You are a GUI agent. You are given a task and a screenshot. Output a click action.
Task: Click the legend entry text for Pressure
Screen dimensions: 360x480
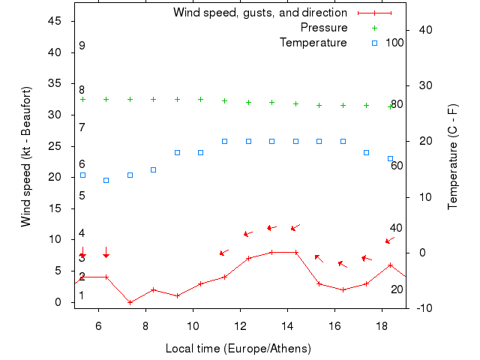tap(324, 28)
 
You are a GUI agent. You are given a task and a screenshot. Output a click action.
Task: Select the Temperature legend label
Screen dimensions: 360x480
tap(313, 43)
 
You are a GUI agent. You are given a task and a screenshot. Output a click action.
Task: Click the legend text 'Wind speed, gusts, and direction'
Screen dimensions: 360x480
tap(259, 13)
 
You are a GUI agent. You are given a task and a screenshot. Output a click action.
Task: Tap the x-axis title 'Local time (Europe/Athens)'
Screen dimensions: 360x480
tap(238, 349)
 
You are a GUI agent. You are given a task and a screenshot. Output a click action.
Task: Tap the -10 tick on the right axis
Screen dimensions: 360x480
tap(421, 308)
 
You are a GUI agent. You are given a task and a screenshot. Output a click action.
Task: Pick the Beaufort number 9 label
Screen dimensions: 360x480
tap(82, 46)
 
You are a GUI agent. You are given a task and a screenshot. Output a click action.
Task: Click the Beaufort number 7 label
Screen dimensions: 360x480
tap(82, 127)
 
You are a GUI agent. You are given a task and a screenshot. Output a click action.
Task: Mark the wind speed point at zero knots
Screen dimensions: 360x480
tap(130, 302)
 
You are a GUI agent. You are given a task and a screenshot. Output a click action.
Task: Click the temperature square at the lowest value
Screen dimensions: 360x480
tap(106, 180)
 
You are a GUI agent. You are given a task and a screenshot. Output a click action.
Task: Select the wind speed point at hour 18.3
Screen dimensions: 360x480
tap(390, 265)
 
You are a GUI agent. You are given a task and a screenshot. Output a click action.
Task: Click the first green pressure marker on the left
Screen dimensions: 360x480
tap(82, 99)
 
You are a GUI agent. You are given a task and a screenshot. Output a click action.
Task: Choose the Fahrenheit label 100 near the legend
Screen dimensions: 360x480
tap(394, 43)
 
